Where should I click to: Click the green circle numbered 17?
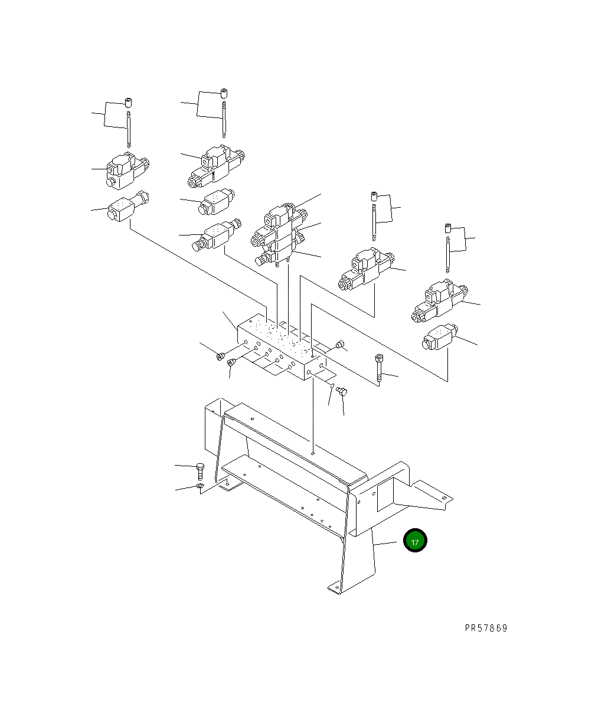pyautogui.click(x=415, y=541)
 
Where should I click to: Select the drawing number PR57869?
pyautogui.click(x=485, y=628)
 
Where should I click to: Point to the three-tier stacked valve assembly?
pyautogui.click(x=279, y=236)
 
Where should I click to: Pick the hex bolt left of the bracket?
pyautogui.click(x=200, y=470)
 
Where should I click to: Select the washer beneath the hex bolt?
pyautogui.click(x=200, y=486)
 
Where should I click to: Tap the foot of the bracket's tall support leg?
pyautogui.click(x=335, y=587)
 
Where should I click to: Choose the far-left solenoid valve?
pyautogui.click(x=126, y=168)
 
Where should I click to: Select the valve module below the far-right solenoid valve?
pyautogui.click(x=439, y=338)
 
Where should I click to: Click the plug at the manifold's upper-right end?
pyautogui.click(x=339, y=345)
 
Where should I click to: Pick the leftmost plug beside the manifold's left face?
pyautogui.click(x=221, y=356)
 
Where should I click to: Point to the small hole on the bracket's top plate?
pyautogui.click(x=313, y=453)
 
